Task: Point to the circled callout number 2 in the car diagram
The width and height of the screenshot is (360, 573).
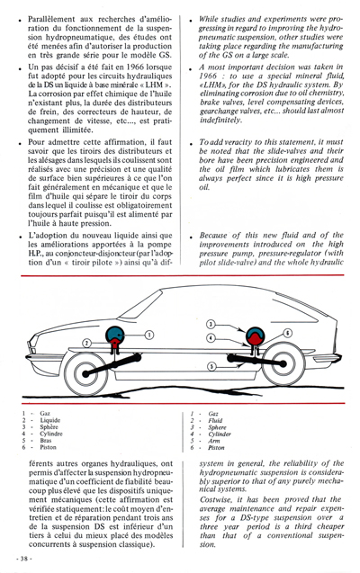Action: tap(87, 343)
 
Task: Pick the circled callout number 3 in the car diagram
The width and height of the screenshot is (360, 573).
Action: tap(210, 322)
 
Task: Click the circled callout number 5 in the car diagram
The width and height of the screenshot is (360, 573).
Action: tap(208, 366)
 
